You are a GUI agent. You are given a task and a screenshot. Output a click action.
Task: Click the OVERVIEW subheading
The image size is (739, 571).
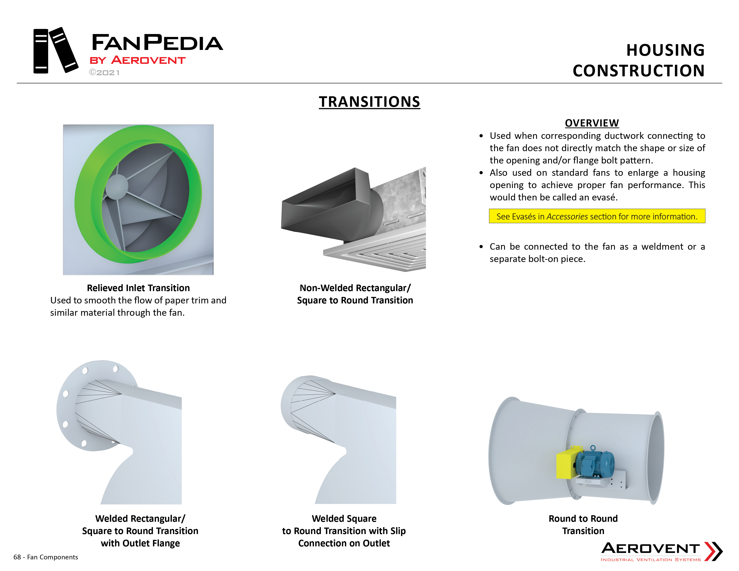click(x=592, y=123)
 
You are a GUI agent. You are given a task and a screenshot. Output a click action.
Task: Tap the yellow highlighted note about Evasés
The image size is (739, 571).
click(x=597, y=216)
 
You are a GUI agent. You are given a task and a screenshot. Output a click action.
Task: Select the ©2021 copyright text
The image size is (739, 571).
click(x=104, y=73)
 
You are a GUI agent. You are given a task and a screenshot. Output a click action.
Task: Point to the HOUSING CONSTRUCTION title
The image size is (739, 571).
click(x=638, y=60)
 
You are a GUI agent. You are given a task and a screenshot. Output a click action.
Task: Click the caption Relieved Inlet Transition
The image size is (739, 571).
click(x=138, y=288)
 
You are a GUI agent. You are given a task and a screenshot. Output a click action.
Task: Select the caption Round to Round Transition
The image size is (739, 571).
click(x=583, y=525)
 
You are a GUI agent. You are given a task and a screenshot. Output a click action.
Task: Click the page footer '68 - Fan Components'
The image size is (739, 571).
click(x=46, y=557)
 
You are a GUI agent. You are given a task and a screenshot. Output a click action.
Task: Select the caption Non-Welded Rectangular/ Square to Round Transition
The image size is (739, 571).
click(x=355, y=294)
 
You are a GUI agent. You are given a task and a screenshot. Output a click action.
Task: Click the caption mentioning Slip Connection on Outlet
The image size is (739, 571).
click(x=344, y=531)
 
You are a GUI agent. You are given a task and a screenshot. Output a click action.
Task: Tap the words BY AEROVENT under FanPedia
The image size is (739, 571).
click(x=137, y=60)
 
